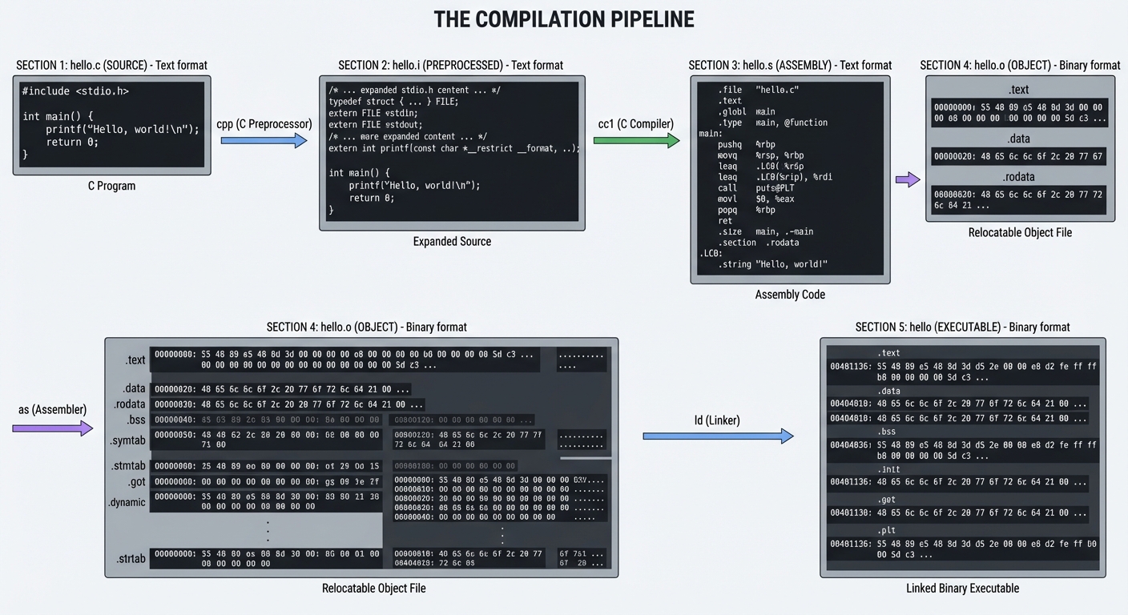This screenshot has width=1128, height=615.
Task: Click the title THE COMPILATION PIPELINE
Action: point(563,20)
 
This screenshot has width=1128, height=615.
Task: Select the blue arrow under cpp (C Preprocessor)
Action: point(264,141)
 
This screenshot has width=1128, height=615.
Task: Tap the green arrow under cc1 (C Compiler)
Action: point(637,141)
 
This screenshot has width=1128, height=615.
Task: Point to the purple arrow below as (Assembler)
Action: point(53,428)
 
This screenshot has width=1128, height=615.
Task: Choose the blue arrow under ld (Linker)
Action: point(718,436)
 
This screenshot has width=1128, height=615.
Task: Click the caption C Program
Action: point(111,186)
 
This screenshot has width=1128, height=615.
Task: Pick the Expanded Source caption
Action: point(452,241)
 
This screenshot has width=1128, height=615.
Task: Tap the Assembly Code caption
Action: point(789,295)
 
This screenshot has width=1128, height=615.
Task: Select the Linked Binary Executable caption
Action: point(962,589)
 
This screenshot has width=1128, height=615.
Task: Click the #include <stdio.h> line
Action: point(75,91)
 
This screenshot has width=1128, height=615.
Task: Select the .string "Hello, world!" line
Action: point(772,263)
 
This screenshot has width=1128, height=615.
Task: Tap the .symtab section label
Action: point(128,440)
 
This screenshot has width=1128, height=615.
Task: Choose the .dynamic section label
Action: point(127,502)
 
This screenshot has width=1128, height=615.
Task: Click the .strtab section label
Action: point(129,558)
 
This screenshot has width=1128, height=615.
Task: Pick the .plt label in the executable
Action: point(887,530)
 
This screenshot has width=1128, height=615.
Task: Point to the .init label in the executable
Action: point(888,469)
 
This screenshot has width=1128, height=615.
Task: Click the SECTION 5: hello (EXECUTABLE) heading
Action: point(962,327)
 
